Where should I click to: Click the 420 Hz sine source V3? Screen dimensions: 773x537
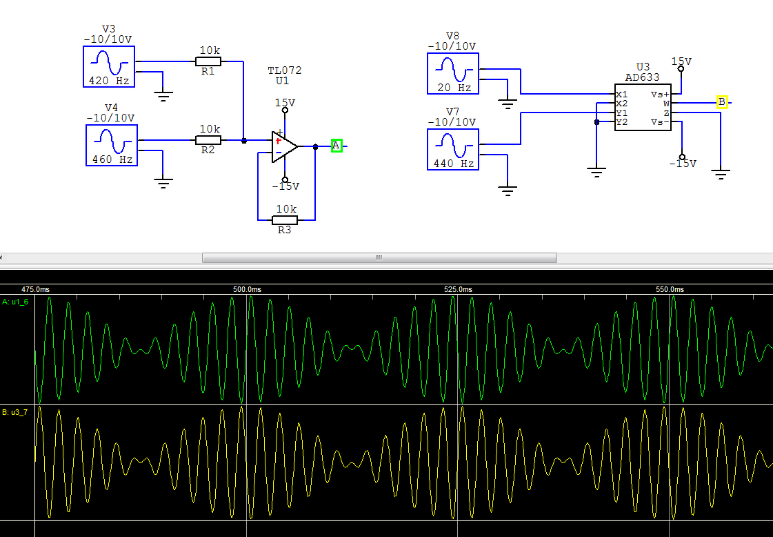pos(109,67)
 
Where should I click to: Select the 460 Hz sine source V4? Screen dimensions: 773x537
pos(112,145)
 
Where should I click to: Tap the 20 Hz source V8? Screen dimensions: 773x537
pos(453,74)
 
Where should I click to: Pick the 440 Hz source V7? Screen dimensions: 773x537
pos(453,150)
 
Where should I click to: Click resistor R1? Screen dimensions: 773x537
pos(208,61)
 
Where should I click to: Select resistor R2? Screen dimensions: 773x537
pos(208,140)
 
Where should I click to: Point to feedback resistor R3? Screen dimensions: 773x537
pos(285,220)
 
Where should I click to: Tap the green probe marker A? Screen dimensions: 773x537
pos(337,146)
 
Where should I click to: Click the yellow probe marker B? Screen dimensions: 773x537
pos(722,102)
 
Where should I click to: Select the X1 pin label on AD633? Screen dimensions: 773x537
pos(622,95)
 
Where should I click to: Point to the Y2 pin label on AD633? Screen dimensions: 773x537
pos(622,122)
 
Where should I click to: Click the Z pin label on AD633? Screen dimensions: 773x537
pos(667,113)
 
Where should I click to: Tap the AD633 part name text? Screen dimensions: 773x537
pos(643,77)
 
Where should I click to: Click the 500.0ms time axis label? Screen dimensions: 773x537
pos(247,289)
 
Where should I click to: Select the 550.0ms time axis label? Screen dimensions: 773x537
pos(670,289)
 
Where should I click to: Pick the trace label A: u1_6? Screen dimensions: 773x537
pos(15,302)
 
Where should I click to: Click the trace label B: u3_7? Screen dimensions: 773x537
pos(15,412)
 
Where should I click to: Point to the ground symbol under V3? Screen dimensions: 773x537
pos(163,95)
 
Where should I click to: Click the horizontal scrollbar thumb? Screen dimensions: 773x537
pos(379,257)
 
